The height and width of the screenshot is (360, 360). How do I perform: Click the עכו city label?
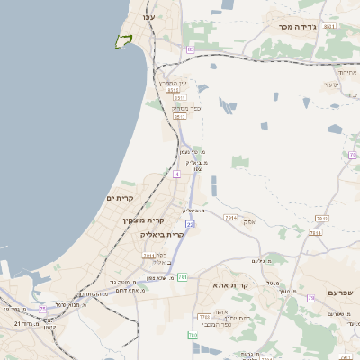point(149,17)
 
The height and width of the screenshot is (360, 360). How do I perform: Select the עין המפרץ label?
point(174,83)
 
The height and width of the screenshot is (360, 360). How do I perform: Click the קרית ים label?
point(120,198)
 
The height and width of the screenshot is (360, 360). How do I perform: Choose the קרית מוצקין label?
point(143,220)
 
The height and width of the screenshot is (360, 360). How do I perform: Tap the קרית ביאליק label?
point(162,234)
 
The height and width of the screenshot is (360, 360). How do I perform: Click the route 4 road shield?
point(177,175)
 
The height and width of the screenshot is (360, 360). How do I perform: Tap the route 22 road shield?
point(190,224)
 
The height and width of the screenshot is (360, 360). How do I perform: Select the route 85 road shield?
point(190,49)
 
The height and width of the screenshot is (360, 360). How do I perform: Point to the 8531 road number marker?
point(329,27)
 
